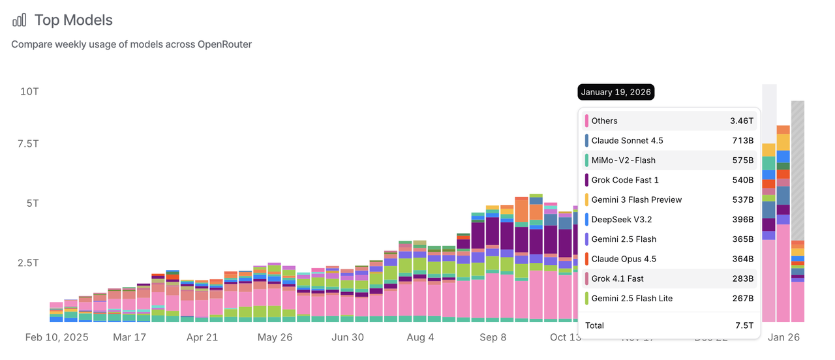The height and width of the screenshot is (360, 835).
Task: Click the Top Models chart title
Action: (x=73, y=20)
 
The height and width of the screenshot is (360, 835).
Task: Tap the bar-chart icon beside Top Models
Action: (x=20, y=20)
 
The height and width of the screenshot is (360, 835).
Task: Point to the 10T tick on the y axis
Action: (x=29, y=91)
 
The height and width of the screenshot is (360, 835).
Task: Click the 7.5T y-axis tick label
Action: (x=28, y=143)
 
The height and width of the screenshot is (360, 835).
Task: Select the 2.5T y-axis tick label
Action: (x=28, y=263)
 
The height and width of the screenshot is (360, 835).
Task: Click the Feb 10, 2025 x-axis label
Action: (x=57, y=338)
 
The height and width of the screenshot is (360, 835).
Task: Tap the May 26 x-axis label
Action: (x=275, y=338)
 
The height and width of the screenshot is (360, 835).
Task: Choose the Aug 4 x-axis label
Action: (x=420, y=338)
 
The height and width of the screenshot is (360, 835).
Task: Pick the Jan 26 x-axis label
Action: (x=783, y=338)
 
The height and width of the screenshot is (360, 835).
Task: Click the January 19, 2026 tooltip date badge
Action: (x=615, y=92)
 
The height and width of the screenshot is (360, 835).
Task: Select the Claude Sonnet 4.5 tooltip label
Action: (x=627, y=141)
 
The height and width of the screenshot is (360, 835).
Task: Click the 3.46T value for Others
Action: (x=742, y=121)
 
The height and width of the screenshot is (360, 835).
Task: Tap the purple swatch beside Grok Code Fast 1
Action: (x=587, y=180)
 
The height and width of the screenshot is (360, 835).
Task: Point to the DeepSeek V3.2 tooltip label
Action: (x=621, y=220)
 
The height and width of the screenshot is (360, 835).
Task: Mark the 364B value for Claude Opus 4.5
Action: (x=742, y=259)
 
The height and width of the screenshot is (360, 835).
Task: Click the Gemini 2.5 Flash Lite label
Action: (x=631, y=299)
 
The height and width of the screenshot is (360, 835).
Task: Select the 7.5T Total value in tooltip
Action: (x=744, y=325)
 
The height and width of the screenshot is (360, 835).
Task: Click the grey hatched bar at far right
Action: (x=797, y=170)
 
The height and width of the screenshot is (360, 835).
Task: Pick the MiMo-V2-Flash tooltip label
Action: (x=623, y=160)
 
